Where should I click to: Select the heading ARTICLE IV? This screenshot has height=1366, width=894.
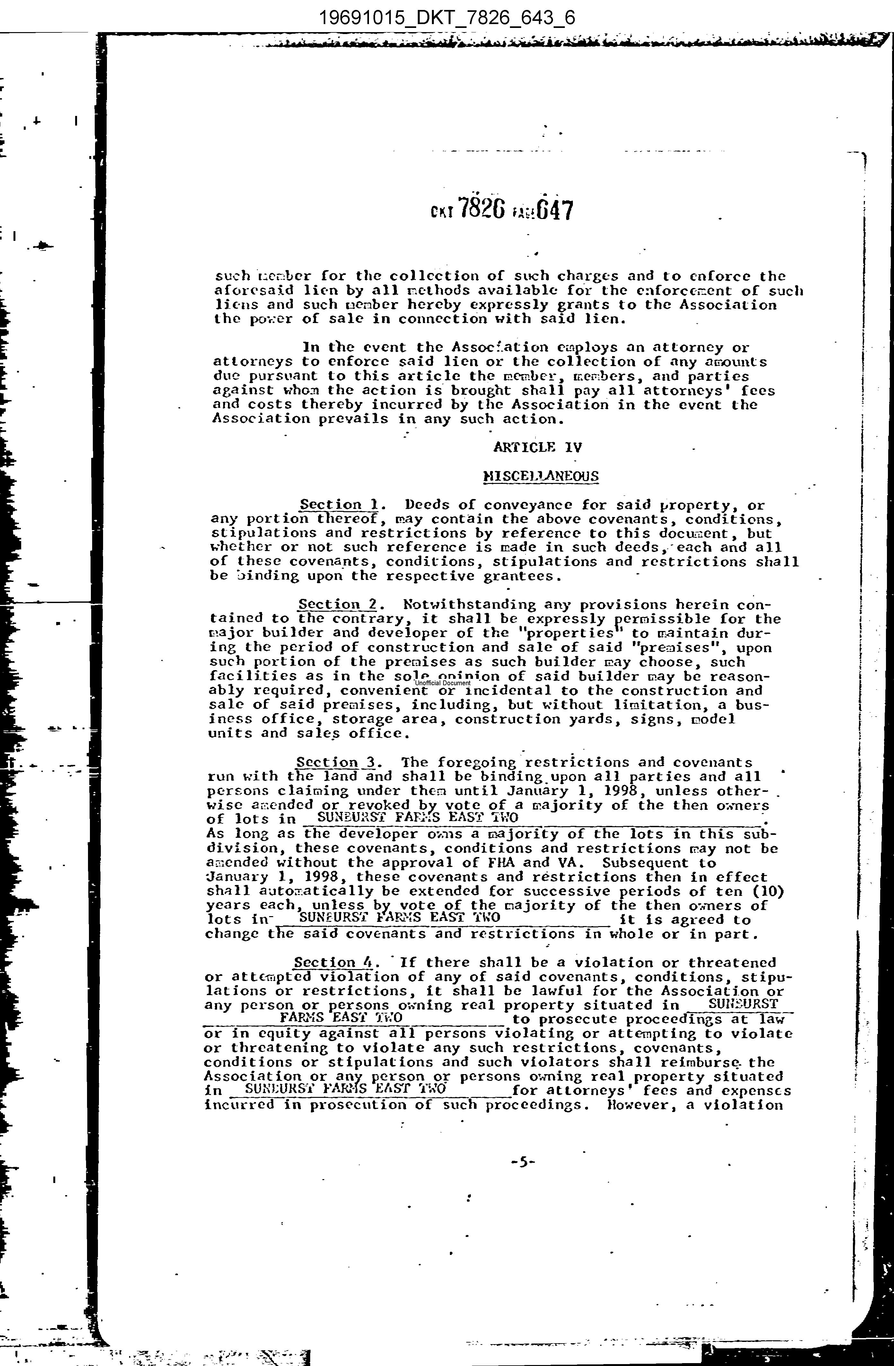pos(537,447)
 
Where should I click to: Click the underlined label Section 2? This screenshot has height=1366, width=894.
pos(337,604)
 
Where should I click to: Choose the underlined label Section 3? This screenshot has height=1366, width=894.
pos(335,762)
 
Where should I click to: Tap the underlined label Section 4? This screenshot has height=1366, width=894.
pos(333,962)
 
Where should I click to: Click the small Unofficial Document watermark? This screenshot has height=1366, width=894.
pos(442,683)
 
